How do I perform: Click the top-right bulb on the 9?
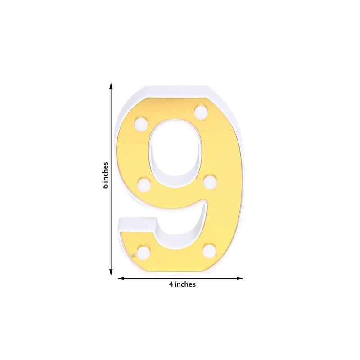click(201, 110)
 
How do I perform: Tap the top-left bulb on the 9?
click(141, 123)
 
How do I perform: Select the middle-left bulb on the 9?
click(144, 184)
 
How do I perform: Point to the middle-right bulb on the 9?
click(210, 182)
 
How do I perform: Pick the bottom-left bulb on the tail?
click(144, 252)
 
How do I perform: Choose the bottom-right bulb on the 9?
click(209, 250)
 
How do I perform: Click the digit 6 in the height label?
click(105, 185)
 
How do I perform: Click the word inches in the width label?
click(185, 284)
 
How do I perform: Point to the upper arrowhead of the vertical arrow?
click(111, 85)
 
